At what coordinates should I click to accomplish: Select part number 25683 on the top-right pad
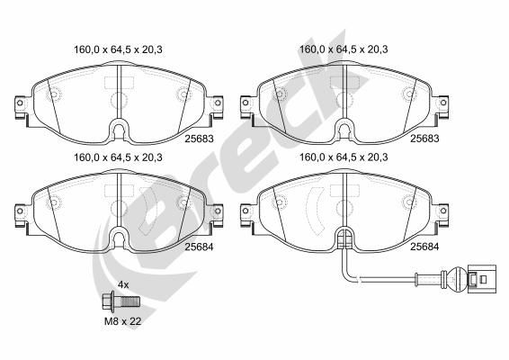click(424, 139)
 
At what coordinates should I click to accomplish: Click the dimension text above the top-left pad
click(113, 50)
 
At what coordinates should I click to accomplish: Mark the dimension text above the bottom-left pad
click(113, 157)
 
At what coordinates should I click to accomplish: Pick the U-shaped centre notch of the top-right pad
click(344, 131)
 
